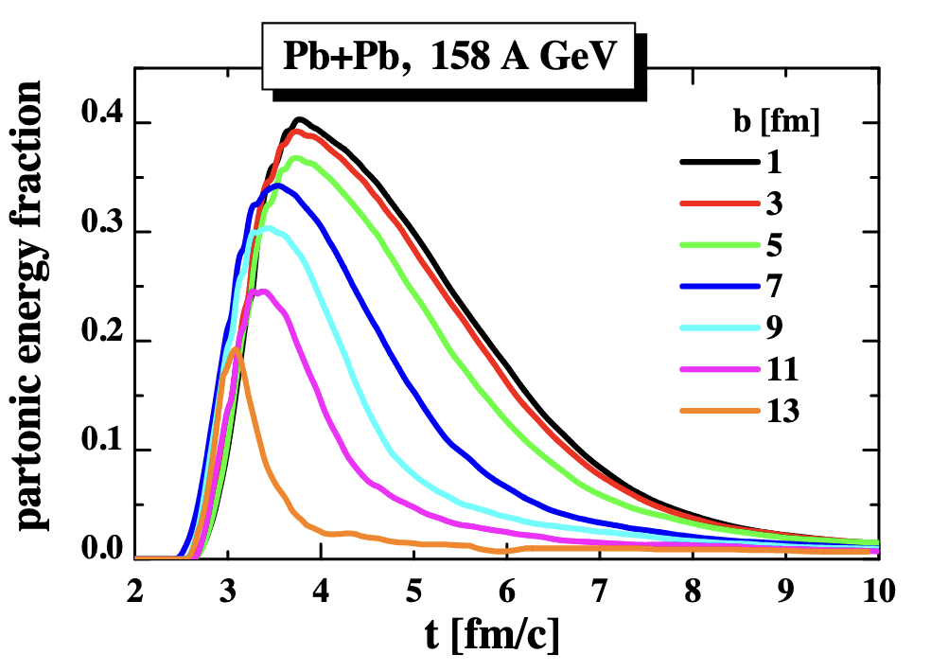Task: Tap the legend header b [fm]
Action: tap(764, 122)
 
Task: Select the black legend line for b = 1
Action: tap(720, 163)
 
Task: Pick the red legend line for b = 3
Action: tap(720, 204)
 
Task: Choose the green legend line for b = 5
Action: tap(720, 246)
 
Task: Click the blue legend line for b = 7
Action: tap(720, 287)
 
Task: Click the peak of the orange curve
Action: tap(234, 349)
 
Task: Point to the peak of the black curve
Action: tap(299, 119)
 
